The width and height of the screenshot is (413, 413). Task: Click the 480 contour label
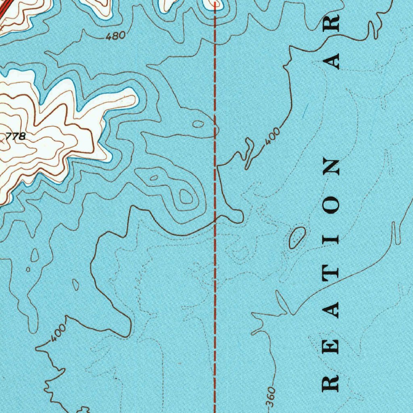(x=115, y=36)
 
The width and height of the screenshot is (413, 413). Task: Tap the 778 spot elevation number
(x=16, y=136)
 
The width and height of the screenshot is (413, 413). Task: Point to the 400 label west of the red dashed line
(x=59, y=333)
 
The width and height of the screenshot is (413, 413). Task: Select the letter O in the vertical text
(x=331, y=206)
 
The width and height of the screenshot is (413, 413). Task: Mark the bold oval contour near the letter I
(x=297, y=237)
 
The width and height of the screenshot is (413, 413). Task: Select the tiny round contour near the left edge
(x=28, y=269)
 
